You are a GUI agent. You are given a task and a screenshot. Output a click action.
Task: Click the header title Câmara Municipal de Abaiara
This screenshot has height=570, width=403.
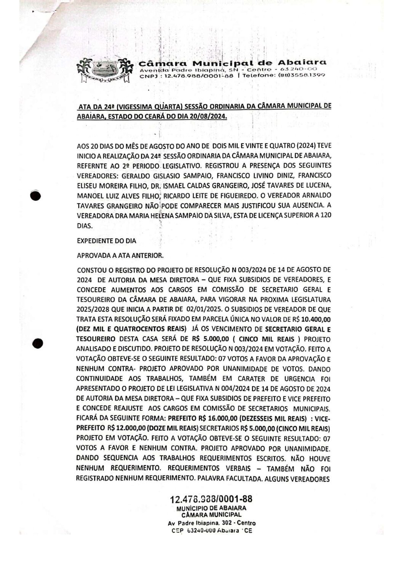click(x=232, y=63)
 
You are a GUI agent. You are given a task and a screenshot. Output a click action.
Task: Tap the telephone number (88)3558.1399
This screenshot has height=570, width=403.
click(x=304, y=76)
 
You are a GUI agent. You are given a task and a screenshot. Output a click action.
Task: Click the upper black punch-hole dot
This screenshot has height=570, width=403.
click(x=35, y=195)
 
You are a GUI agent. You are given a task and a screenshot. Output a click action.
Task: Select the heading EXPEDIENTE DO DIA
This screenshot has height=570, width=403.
click(x=106, y=241)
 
